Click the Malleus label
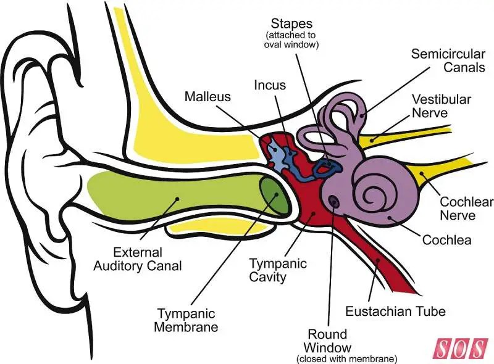click(x=207, y=97)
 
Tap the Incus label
click(x=270, y=85)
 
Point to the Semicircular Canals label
click(x=448, y=60)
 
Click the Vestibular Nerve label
click(x=442, y=105)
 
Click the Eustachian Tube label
click(x=396, y=310)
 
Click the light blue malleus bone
click(x=276, y=151)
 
